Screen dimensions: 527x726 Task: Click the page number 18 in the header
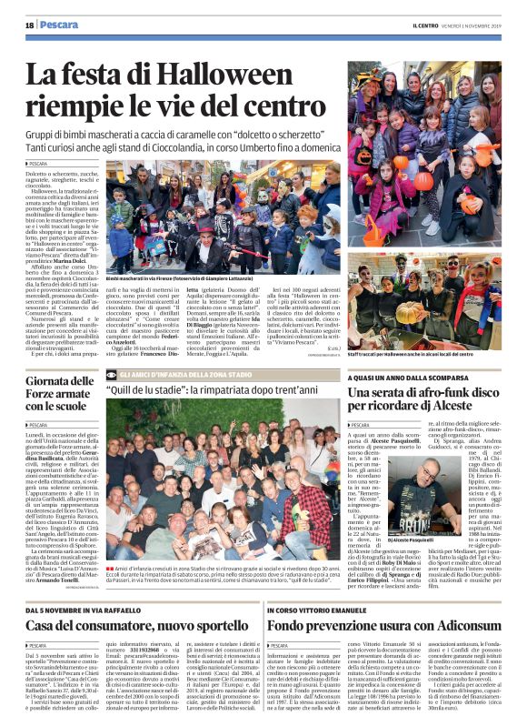click(30, 25)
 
